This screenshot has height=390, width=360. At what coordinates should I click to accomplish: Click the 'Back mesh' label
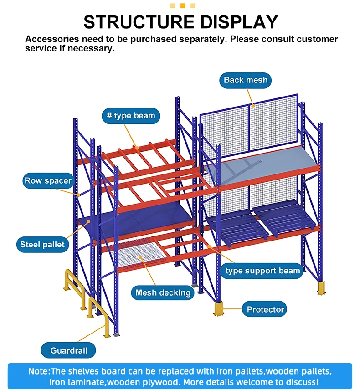click(245, 80)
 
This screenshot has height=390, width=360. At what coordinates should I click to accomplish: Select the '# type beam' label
click(131, 116)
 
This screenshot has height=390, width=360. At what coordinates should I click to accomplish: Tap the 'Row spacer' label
click(48, 181)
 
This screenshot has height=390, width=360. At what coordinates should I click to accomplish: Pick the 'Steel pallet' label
click(43, 245)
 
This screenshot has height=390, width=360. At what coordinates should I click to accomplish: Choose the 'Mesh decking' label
click(163, 292)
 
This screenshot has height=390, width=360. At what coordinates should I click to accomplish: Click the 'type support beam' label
click(263, 271)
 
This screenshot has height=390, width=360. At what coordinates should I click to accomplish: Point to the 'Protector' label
click(265, 309)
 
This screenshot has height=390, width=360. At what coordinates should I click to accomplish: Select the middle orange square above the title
click(183, 5)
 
